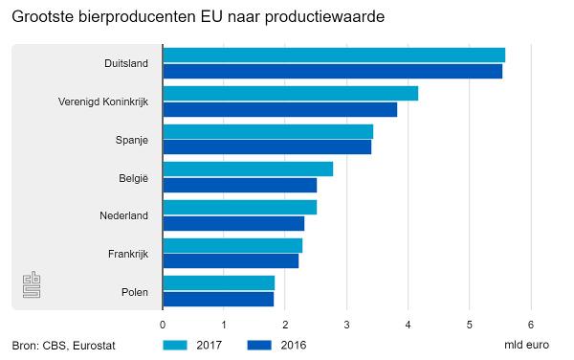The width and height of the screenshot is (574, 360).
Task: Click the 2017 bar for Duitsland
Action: point(334,55)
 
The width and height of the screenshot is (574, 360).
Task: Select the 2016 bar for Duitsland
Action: point(332,71)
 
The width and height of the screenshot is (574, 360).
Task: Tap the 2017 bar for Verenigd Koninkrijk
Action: point(290,93)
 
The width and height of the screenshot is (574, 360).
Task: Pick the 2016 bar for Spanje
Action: point(267,146)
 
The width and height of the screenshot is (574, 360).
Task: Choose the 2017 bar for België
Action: point(248,169)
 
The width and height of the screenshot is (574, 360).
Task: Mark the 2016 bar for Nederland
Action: point(233,223)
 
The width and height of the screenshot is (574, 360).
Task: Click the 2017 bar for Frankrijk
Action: point(232,245)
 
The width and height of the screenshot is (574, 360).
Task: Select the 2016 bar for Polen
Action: point(218,299)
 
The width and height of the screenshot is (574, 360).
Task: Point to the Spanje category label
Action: point(131,140)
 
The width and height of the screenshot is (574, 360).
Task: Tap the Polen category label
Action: point(134,292)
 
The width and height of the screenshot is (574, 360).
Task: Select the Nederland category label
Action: point(123,215)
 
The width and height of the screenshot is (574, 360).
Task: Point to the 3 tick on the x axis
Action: point(346,324)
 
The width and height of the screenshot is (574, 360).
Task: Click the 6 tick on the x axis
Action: point(530,324)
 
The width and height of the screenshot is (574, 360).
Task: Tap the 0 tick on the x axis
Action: point(163,324)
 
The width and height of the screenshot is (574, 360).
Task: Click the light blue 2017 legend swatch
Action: point(177,345)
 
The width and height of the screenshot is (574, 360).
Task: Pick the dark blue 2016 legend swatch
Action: point(261,345)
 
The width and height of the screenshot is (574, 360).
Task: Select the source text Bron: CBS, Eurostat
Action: point(63,346)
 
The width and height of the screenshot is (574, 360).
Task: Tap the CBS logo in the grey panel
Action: point(33,285)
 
